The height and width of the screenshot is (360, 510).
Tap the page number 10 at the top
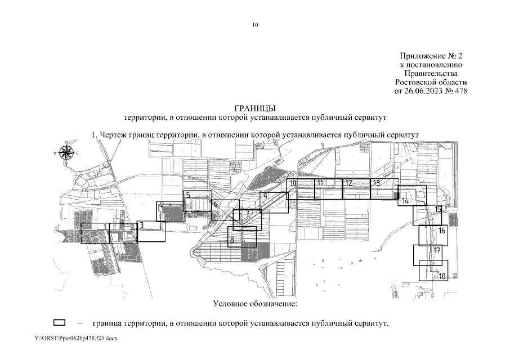[x=255, y=25]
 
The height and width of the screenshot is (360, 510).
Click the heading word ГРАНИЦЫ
[x=254, y=108]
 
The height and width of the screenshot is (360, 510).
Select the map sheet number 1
[x=105, y=227]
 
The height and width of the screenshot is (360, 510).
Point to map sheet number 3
[x=141, y=225]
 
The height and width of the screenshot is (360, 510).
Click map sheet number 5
[x=187, y=196]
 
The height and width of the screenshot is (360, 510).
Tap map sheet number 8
[x=232, y=240]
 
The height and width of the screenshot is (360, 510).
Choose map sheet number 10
[x=293, y=183]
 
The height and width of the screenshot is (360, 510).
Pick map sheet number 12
[x=348, y=183]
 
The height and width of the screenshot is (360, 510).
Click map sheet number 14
[x=405, y=201]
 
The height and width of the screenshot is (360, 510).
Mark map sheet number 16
[x=441, y=231]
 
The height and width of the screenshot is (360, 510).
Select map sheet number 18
[x=442, y=277]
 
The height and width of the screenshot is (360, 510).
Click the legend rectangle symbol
[x=59, y=322]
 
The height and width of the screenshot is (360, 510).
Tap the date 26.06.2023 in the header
[x=423, y=91]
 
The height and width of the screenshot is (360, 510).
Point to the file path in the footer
[x=76, y=338]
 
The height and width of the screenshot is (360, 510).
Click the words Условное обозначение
[x=255, y=304]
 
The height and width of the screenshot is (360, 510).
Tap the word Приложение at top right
[x=419, y=56]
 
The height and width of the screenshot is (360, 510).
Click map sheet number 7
[x=248, y=214]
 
